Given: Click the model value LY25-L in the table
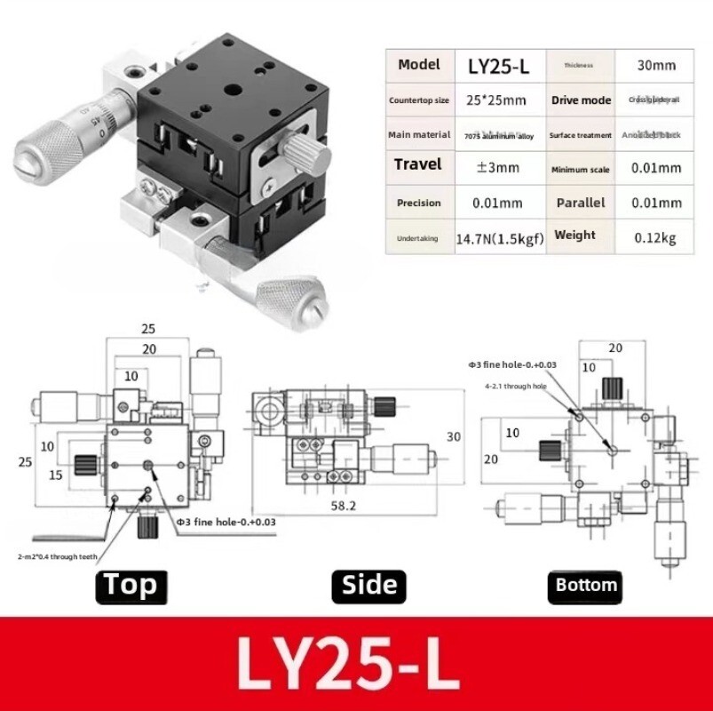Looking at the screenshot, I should [498, 66].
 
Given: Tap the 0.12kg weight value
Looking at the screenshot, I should [655, 238].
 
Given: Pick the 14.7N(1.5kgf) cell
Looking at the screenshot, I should [499, 238].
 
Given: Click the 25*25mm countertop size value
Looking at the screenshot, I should [498, 100].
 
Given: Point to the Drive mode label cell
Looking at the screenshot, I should [581, 100].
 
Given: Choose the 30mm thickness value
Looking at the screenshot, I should [656, 65].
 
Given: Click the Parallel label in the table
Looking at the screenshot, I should [580, 203].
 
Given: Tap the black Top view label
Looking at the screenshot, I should [131, 585].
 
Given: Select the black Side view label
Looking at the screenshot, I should [369, 585].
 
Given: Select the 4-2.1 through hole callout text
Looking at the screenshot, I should [515, 387].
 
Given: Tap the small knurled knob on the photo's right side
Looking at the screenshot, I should [313, 157].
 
